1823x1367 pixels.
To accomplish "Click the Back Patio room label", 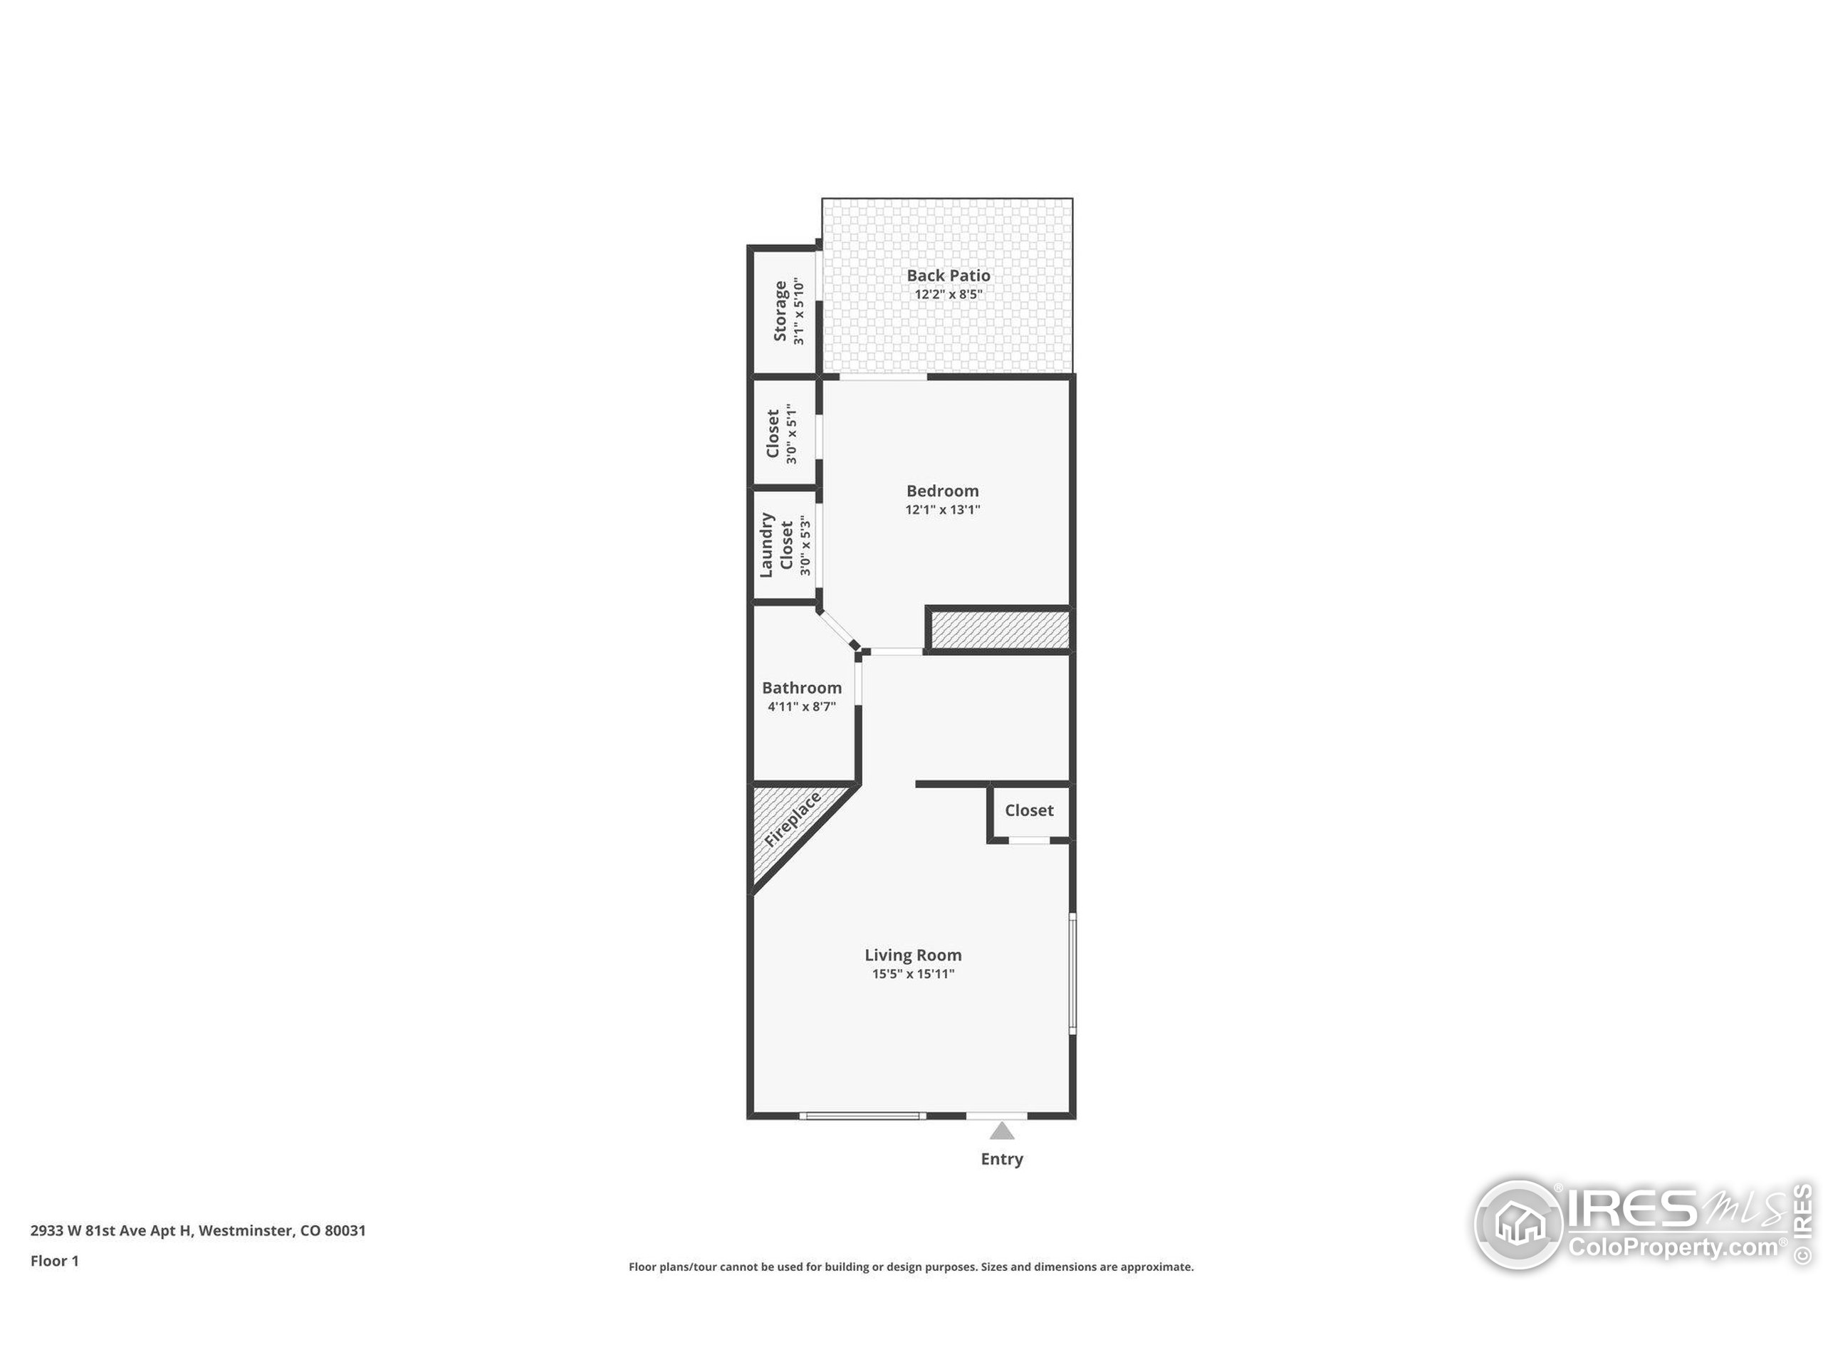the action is click(x=949, y=276).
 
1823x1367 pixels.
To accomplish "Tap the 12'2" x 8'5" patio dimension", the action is click(x=949, y=295).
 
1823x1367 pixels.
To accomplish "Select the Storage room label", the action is click(x=780, y=311).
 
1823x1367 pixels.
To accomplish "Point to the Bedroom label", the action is click(x=943, y=491).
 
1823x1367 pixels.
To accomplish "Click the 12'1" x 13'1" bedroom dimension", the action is click(x=943, y=510).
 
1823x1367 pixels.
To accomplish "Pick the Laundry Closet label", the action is click(x=775, y=545).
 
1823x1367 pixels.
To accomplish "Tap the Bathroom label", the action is click(x=802, y=688).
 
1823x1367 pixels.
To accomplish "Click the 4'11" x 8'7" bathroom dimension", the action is click(x=802, y=707).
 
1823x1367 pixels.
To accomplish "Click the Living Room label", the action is click(x=913, y=955).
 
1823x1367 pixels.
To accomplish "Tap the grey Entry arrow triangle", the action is click(x=1002, y=1131).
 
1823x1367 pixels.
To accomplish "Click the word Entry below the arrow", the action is click(x=1002, y=1159).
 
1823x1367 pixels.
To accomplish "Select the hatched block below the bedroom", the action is click(x=1000, y=629).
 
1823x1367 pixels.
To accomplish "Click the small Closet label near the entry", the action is click(x=1029, y=811).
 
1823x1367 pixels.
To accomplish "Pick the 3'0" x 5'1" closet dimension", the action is click(x=792, y=434).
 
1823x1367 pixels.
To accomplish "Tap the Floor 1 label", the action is click(x=54, y=1262).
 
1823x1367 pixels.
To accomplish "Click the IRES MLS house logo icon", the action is click(x=1518, y=1225).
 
